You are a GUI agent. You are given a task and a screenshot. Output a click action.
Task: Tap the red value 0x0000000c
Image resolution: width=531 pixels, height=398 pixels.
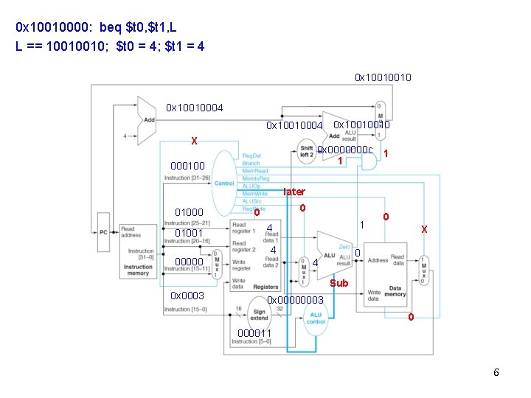coord(345,150)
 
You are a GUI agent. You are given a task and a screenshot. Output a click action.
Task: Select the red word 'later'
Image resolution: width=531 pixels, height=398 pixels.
coord(294,192)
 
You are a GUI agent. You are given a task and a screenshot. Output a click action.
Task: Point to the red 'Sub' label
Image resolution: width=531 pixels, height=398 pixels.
coord(339,283)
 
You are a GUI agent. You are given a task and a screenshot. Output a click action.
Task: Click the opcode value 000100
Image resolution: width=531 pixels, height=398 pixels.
coord(188,166)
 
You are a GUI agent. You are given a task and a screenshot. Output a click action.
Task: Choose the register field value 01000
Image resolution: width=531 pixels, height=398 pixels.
coord(189,213)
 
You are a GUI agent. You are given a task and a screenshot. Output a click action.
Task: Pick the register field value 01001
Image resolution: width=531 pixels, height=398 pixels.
coord(189,233)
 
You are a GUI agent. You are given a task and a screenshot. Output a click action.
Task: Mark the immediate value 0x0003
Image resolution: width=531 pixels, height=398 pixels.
coord(187,296)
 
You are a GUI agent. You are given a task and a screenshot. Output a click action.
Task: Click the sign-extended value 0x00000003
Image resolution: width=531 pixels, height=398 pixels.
coord(295,300)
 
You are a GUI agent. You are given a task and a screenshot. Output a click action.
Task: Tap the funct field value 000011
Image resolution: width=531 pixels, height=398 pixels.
coord(254,333)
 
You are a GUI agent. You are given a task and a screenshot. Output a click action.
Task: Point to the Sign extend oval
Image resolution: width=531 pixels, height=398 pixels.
coord(259,315)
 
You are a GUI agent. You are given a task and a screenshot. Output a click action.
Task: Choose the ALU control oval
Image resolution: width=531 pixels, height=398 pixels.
coord(316,318)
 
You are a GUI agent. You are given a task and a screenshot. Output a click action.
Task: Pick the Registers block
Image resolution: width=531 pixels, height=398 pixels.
coord(256,251)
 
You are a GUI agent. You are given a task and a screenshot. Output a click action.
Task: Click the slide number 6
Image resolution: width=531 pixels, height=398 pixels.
coord(496,372)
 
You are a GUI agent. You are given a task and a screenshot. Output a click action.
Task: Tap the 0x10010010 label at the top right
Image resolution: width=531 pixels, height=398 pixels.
coord(383,77)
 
